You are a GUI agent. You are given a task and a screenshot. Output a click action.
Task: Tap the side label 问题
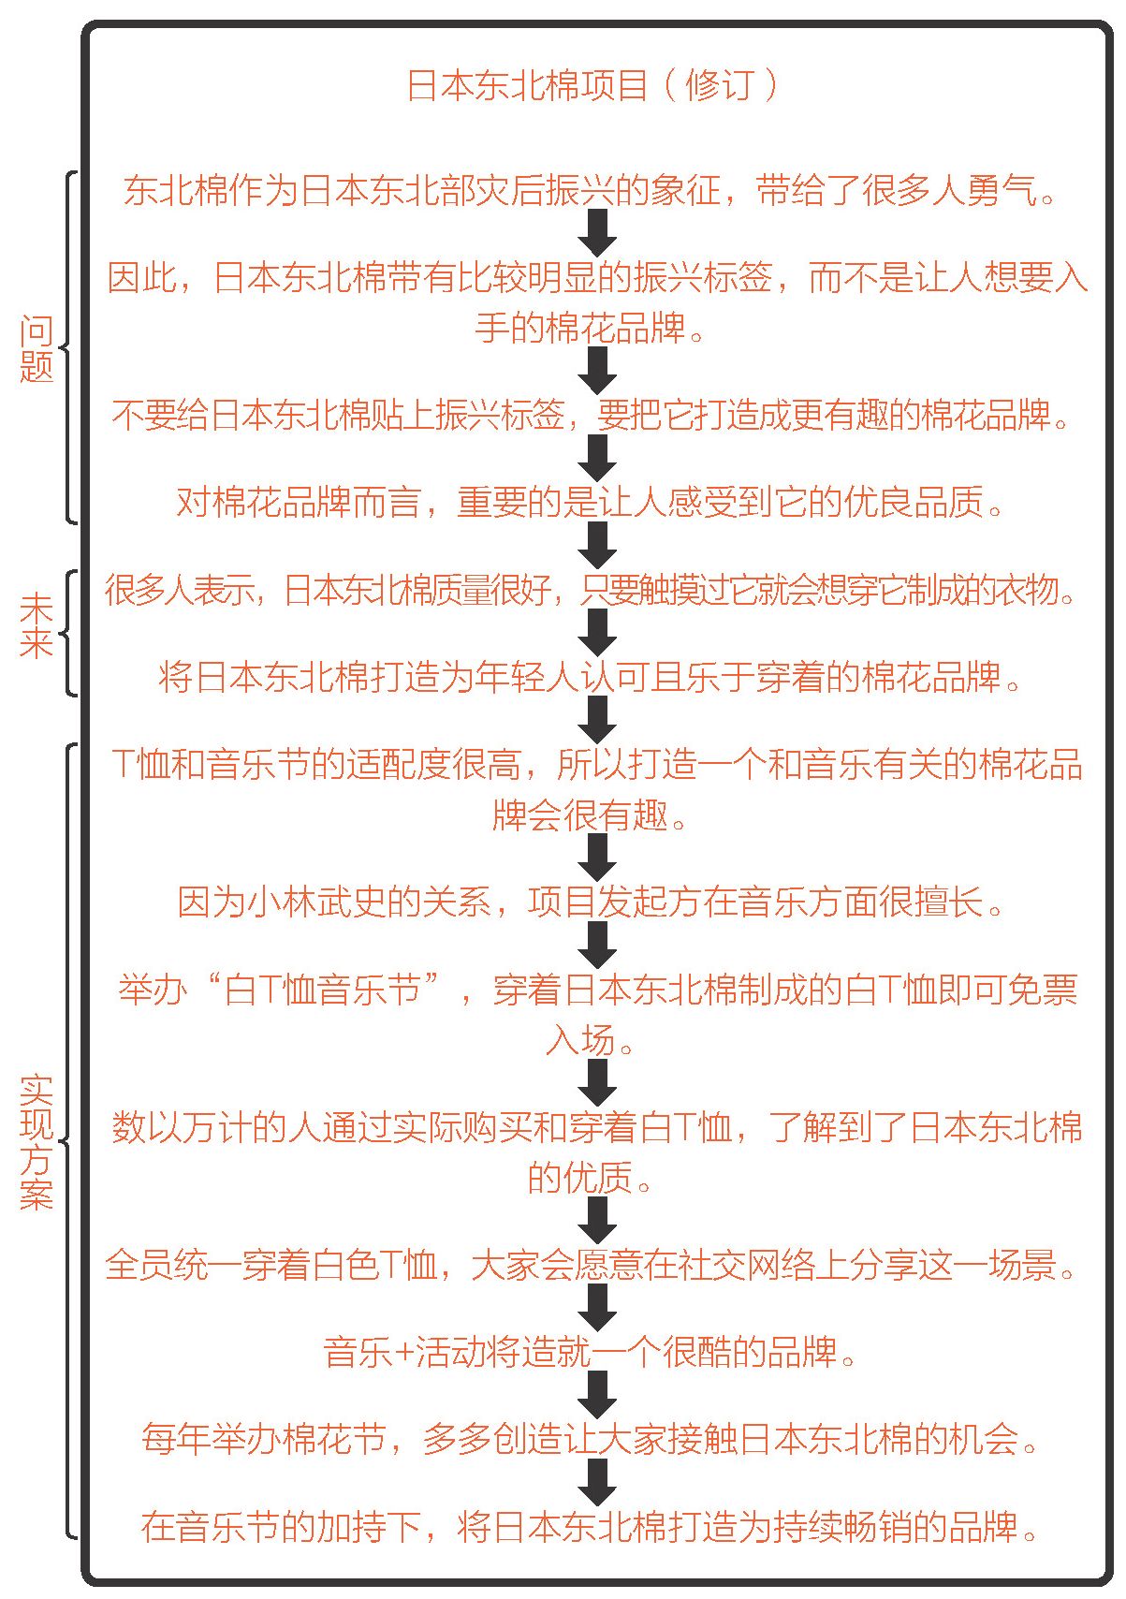(x=37, y=348)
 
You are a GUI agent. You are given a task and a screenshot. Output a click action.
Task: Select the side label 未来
(x=37, y=625)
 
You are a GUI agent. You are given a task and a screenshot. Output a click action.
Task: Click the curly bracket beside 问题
(x=66, y=347)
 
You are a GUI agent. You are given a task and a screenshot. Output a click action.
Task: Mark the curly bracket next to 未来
(x=66, y=633)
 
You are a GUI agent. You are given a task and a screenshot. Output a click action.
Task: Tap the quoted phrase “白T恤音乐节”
(x=323, y=990)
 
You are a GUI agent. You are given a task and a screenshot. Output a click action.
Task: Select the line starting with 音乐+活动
(x=590, y=1352)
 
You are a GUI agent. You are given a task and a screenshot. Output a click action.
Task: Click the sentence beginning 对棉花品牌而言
(x=590, y=502)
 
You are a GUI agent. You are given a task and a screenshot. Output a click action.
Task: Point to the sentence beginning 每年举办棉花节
(x=590, y=1439)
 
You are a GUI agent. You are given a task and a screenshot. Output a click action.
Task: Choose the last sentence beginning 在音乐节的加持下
(x=590, y=1526)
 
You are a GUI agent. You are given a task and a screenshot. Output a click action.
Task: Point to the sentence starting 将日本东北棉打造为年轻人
(x=590, y=677)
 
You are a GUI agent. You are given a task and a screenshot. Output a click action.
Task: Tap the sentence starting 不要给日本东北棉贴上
(x=590, y=415)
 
